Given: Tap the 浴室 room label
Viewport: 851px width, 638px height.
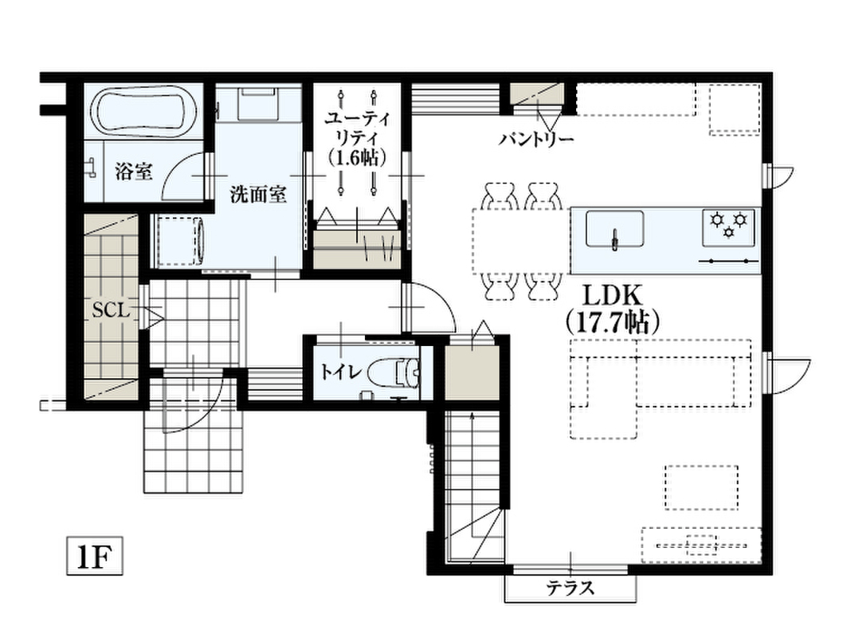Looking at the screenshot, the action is point(134,171).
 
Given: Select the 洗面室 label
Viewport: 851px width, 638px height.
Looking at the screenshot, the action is point(258,194).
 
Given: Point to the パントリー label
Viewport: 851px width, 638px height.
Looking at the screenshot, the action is point(536,140).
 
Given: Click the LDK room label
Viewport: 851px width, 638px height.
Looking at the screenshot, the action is point(613,296).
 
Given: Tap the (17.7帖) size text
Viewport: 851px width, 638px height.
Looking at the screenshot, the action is point(613,321).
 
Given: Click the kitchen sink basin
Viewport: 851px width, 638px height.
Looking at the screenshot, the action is point(614,229).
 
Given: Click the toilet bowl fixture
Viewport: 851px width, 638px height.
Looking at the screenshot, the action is point(394,373).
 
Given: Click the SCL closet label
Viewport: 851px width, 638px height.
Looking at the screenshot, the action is point(111,310).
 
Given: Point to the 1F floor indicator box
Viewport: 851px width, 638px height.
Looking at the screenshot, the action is point(95,556).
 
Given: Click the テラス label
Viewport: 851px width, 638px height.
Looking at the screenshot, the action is point(570,588).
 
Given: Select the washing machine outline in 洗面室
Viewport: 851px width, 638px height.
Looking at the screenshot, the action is point(179,242).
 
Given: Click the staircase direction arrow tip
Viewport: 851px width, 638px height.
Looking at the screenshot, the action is point(473,414).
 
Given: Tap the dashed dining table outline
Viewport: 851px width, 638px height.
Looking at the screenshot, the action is point(520,241).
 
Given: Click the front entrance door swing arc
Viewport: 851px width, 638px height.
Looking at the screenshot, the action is point(205,412).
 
